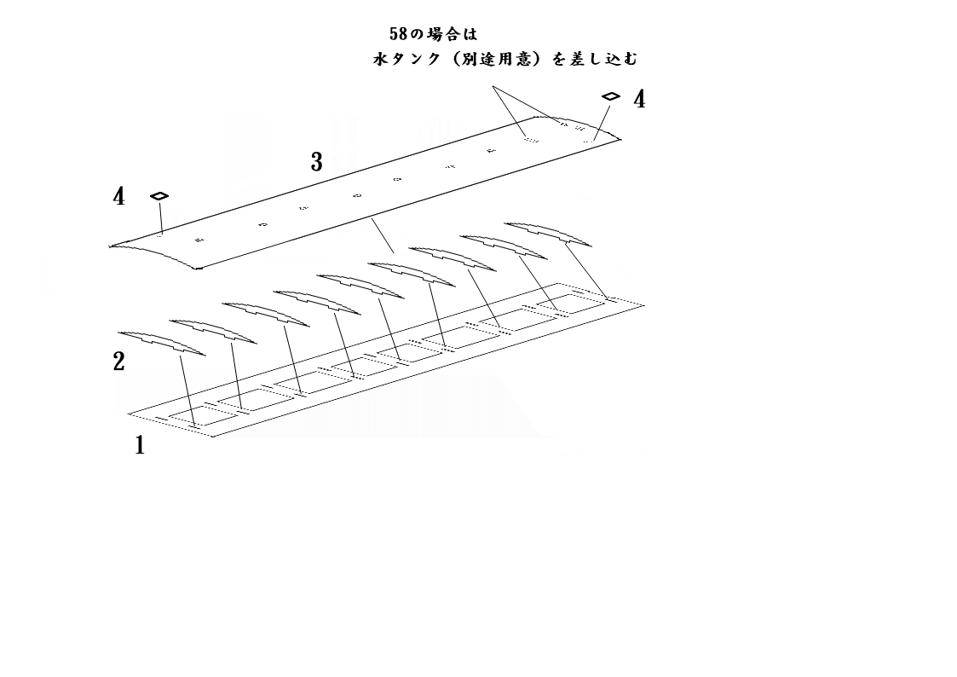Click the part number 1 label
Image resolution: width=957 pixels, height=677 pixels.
pyautogui.click(x=140, y=445)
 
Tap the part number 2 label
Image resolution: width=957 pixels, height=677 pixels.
pyautogui.click(x=118, y=362)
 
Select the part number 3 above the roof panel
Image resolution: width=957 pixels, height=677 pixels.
pyautogui.click(x=316, y=162)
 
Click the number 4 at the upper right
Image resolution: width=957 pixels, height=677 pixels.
pyautogui.click(x=638, y=100)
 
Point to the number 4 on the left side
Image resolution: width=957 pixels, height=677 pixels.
pyautogui.click(x=118, y=197)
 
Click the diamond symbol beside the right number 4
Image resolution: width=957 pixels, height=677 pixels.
pyautogui.click(x=610, y=96)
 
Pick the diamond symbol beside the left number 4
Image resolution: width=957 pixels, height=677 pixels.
pyautogui.click(x=159, y=196)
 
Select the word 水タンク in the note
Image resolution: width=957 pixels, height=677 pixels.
pyautogui.click(x=406, y=60)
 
